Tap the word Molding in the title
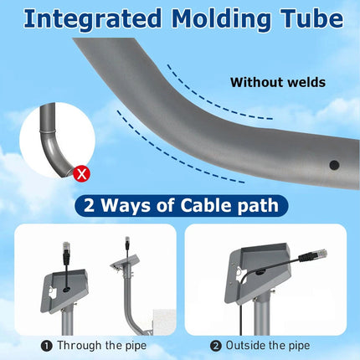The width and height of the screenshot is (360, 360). [x=221, y=18]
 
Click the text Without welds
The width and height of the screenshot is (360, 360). [x=278, y=82]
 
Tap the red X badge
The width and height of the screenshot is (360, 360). [x=81, y=174]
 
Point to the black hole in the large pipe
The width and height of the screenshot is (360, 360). [x=334, y=165]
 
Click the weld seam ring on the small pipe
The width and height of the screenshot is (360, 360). [x=47, y=131]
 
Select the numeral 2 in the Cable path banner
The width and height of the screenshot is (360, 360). [x=89, y=206]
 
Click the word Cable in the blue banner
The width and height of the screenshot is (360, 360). [x=206, y=205]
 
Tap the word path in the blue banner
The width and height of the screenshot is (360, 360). [x=258, y=206]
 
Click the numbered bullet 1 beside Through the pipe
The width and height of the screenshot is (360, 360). [x=47, y=347]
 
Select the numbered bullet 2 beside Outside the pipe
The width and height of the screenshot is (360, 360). [x=215, y=346]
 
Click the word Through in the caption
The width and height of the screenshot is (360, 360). [x=80, y=345]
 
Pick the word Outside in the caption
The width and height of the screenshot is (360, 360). [x=245, y=345]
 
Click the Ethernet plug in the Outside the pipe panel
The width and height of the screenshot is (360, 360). [x=312, y=255]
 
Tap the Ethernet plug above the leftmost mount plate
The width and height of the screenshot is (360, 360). [x=66, y=253]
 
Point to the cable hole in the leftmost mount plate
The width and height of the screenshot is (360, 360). [x=66, y=290]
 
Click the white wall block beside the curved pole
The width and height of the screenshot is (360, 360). [x=165, y=321]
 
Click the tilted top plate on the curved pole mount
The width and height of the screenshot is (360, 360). [x=125, y=261]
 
